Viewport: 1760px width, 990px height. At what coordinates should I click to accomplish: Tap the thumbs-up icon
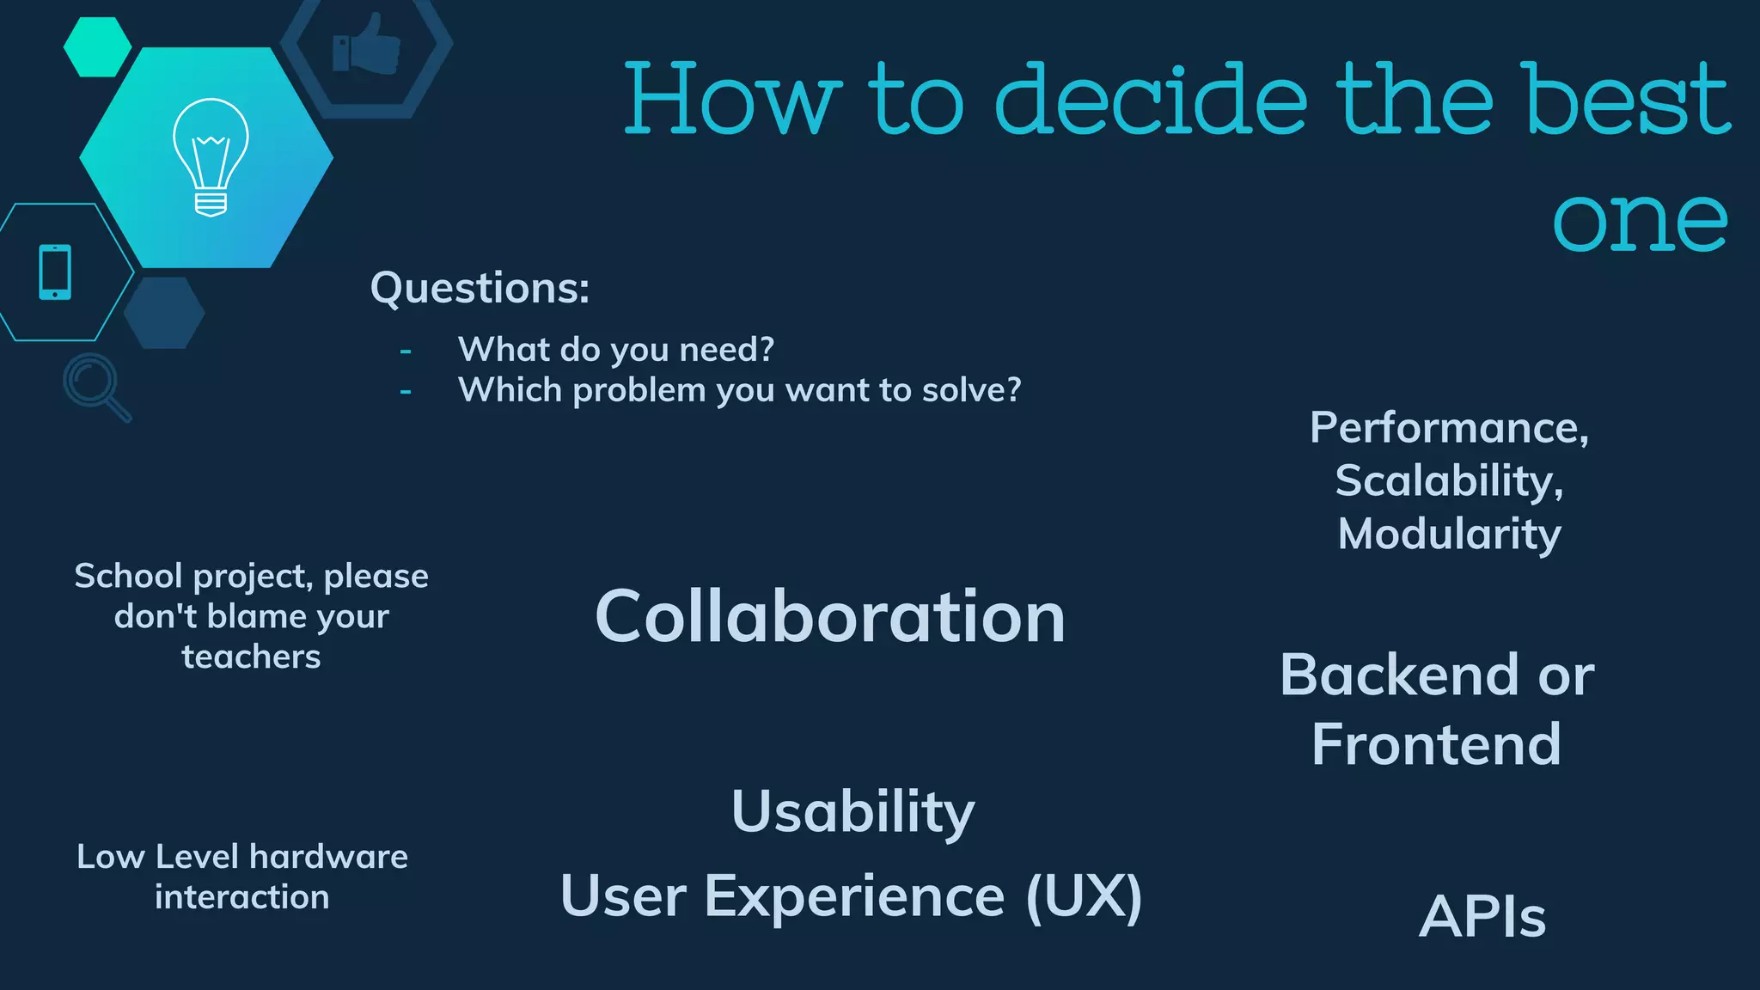coord(367,45)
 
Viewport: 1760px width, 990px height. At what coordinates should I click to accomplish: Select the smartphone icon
coord(55,272)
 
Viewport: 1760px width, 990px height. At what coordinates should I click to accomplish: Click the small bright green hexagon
coord(97,46)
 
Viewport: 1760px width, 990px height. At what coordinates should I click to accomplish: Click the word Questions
coord(479,288)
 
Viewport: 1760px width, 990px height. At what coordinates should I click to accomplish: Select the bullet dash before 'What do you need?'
coord(406,351)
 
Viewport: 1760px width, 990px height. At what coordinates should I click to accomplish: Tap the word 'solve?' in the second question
coord(971,390)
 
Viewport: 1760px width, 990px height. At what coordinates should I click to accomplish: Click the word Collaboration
coord(829,616)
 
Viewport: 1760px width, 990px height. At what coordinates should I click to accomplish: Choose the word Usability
coord(852,811)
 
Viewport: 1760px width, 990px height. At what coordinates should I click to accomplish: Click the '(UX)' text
coord(1084,896)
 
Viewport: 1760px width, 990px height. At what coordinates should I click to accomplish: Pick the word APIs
coord(1482,916)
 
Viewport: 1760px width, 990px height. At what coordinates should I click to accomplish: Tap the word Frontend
coord(1436,744)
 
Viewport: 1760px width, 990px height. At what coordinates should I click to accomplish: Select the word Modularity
coord(1449,534)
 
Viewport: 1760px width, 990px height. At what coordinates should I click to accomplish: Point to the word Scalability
coord(1448,480)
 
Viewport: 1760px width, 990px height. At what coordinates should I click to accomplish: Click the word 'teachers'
coord(251,657)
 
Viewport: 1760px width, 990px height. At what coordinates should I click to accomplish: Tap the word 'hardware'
coord(328,857)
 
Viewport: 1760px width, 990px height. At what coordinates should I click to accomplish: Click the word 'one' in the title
coord(1640,221)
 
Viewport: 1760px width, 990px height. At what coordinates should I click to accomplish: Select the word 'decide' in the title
coord(1151,100)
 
